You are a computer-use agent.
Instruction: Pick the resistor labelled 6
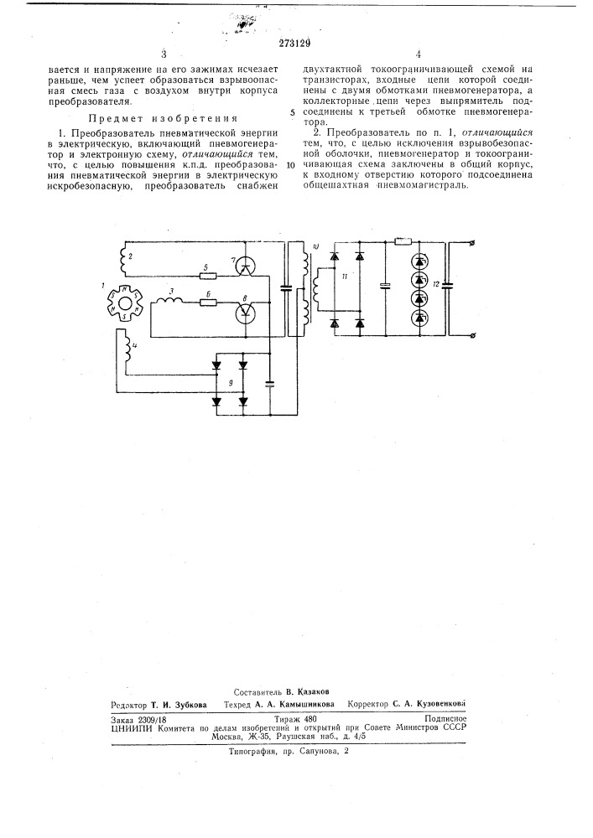tap(208, 303)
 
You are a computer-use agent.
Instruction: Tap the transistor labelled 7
tap(245, 266)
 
